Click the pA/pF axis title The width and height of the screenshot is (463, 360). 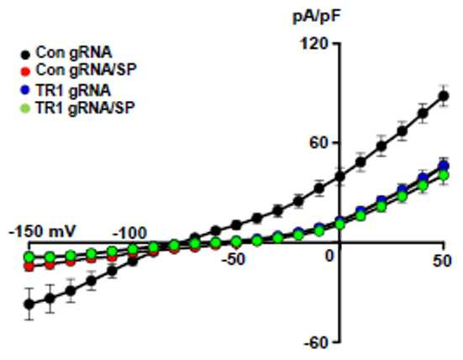[316, 19]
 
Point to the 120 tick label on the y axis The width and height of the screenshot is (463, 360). [313, 44]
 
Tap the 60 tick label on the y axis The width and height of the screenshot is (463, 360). [318, 142]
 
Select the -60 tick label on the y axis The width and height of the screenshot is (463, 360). [316, 343]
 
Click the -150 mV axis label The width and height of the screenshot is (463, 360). [43, 231]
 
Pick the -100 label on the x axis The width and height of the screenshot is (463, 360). [130, 233]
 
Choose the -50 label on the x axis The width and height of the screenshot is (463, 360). [234, 260]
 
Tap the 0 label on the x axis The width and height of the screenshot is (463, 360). [329, 257]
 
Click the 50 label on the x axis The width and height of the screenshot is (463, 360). [442, 261]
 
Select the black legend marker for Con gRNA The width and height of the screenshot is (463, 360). [26, 55]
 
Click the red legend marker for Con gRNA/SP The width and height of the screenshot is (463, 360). [26, 71]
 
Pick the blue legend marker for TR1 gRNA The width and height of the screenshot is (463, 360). [26, 90]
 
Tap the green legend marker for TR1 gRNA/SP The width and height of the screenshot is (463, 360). [26, 109]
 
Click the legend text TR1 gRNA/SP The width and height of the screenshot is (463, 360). [85, 108]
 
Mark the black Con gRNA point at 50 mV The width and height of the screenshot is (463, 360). [444, 96]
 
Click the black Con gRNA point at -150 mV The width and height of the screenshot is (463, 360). [29, 304]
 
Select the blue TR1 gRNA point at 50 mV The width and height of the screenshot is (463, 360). [444, 166]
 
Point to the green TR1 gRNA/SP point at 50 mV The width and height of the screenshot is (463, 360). [444, 175]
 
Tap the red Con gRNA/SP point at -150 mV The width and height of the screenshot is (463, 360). [29, 267]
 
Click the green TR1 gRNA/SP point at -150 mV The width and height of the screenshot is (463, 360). [29, 257]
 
